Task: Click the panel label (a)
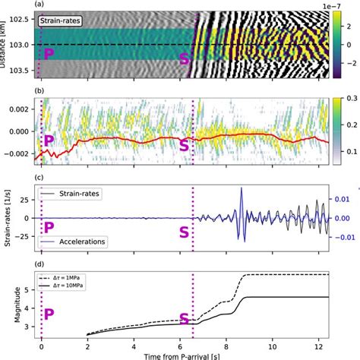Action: pos(39,5)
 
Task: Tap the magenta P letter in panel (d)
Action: pos(49,314)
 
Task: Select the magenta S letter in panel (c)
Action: pos(184,231)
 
